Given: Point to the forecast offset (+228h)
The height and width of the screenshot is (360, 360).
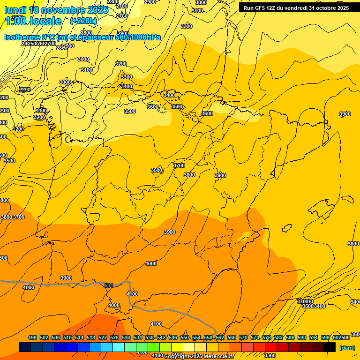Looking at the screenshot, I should tap(83, 21).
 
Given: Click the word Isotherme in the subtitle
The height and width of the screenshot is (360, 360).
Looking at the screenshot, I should tap(22, 37).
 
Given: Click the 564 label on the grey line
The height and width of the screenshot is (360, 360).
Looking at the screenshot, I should tap(109, 285).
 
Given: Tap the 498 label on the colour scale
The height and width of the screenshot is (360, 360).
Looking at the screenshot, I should tap(32, 337).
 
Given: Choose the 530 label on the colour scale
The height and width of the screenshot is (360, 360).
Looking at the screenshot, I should tap(126, 337).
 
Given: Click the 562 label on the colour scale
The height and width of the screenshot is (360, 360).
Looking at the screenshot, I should tap(220, 337).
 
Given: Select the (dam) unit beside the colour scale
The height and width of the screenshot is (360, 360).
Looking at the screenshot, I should tap(347, 348).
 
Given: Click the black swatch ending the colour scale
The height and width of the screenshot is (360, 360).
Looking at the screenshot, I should tap(330, 347).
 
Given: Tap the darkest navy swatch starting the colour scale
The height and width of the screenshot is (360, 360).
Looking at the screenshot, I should tap(25, 347).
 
